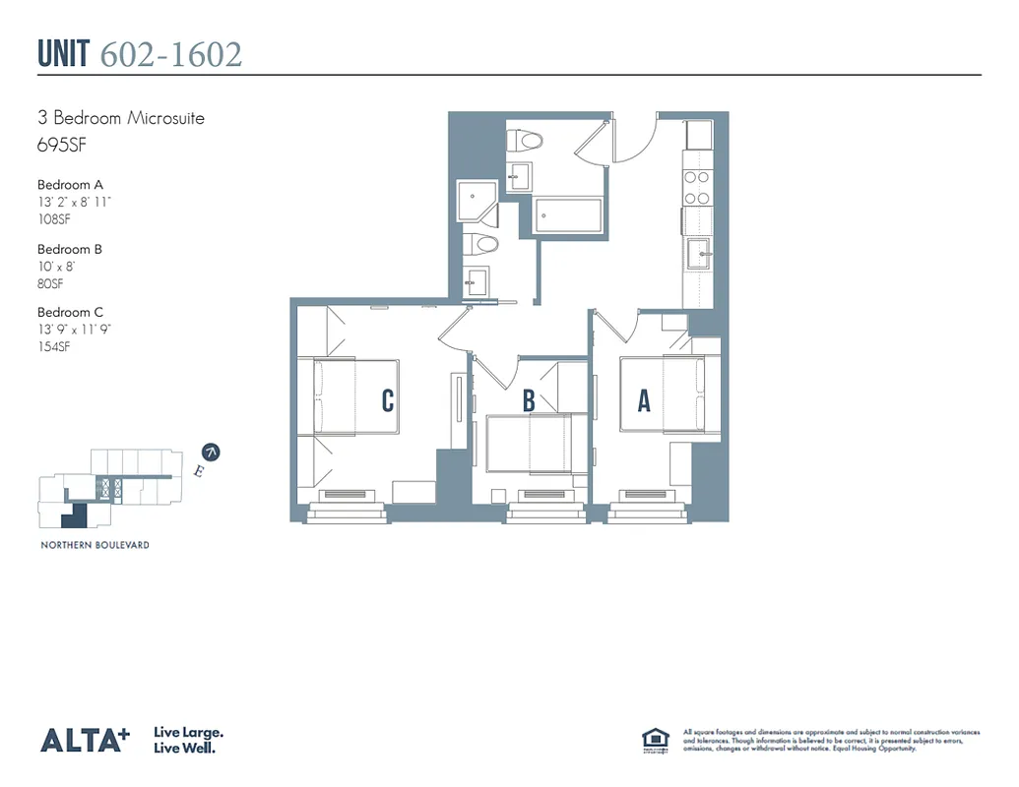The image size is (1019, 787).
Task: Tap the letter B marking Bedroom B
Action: (x=529, y=400)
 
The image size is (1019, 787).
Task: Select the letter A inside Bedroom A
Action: (x=644, y=400)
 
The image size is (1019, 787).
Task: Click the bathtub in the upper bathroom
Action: (x=568, y=215)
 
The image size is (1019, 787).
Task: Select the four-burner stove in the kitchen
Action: (x=698, y=187)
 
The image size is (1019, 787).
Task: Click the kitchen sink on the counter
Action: (x=700, y=253)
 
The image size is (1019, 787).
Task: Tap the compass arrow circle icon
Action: (x=211, y=453)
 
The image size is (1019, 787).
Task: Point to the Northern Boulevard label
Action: (x=95, y=544)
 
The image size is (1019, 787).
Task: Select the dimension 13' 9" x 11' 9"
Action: (x=74, y=330)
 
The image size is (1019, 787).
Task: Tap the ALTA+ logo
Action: (x=84, y=740)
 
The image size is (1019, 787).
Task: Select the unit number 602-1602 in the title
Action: (x=171, y=54)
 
